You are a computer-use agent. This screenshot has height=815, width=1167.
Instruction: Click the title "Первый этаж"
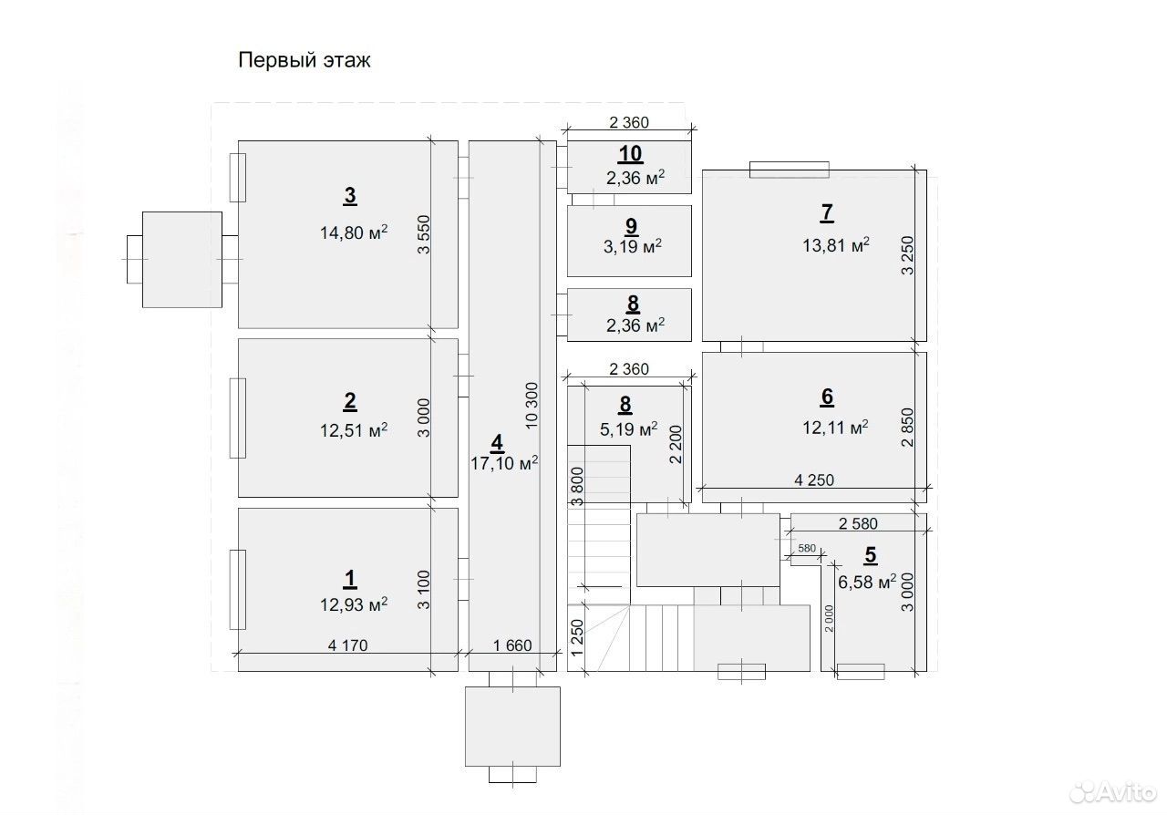coord(305,60)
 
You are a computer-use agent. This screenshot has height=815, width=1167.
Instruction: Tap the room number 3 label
coord(350,195)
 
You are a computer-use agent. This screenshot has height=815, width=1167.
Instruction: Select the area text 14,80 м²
coord(354,232)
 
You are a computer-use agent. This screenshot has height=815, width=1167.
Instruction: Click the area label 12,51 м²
coord(354,430)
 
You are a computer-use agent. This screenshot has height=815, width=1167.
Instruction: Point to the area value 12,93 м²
coord(354,604)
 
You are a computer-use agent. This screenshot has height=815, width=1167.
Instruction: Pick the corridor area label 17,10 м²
coord(504,463)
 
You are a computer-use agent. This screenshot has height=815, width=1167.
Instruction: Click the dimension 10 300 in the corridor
coord(532,406)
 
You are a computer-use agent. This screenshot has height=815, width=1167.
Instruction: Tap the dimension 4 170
coord(347,645)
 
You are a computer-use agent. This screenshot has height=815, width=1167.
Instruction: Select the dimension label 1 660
coord(512,645)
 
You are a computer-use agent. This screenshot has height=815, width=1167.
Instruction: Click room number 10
coord(630,154)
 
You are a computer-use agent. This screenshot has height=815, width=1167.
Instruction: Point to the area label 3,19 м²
coord(633,245)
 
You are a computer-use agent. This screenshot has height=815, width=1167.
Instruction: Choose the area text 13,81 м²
coord(836,244)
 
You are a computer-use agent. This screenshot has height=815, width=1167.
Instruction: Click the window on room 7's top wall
coord(790,170)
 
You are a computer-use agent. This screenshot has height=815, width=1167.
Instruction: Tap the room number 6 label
coord(827,397)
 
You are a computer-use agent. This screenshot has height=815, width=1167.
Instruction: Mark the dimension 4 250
coord(814,480)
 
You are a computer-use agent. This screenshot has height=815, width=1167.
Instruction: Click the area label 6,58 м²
coord(867,581)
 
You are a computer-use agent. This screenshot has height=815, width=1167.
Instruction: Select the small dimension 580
coord(807,548)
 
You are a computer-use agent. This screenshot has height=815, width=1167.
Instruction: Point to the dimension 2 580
coord(858,523)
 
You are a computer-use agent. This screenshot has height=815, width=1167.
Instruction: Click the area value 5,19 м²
coord(628,428)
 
